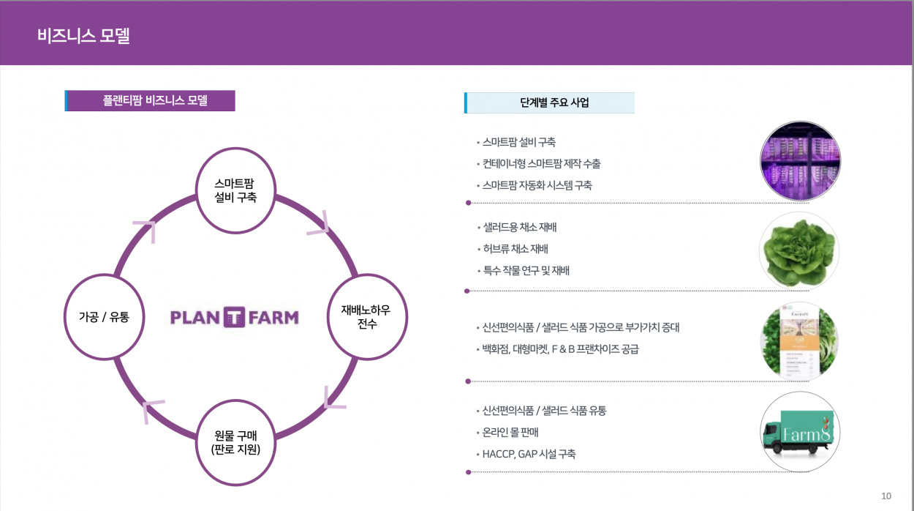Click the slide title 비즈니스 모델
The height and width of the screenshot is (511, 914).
point(83,36)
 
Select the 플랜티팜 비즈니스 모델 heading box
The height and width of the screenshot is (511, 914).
point(151,101)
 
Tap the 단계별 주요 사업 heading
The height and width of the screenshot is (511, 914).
point(549,102)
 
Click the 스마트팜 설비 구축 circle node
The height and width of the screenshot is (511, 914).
point(235,190)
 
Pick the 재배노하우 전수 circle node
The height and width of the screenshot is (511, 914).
point(366,317)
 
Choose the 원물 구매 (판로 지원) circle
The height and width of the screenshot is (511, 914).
point(235,441)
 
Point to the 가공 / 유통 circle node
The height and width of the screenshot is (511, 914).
point(105,317)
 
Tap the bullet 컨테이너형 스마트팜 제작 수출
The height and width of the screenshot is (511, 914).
point(541,164)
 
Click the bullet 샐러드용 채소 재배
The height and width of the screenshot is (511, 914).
point(520,228)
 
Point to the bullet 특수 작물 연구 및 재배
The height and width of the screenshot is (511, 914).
point(526,270)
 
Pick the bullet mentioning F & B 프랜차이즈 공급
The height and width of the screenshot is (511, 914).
point(560,348)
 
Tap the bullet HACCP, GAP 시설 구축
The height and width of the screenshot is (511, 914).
point(529,454)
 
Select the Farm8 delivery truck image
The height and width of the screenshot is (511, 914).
point(799,433)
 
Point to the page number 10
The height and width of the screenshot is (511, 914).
point(886,496)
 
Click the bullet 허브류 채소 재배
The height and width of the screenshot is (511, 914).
point(515,249)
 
